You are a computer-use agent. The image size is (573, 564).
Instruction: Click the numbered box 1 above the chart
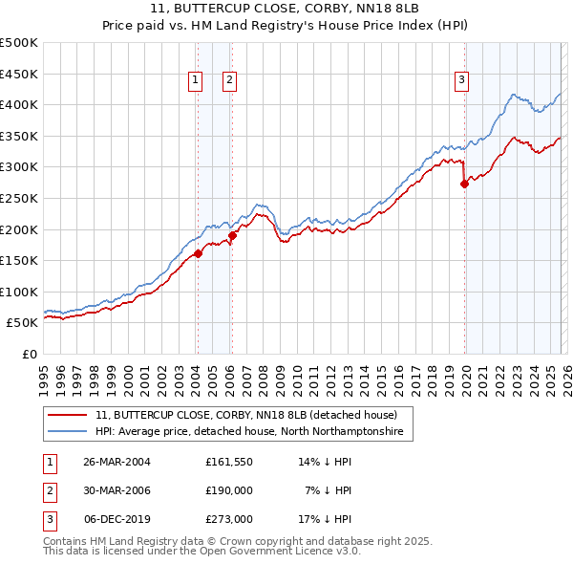tap(196, 81)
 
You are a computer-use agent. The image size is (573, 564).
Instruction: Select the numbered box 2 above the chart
tap(230, 81)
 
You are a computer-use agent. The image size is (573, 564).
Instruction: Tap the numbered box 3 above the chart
tap(461, 81)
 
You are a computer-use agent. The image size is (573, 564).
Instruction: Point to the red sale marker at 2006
tap(232, 234)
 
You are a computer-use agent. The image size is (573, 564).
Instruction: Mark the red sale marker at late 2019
tap(464, 184)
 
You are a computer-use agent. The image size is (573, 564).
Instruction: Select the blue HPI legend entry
tap(249, 432)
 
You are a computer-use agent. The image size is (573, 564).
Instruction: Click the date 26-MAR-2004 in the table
tap(117, 461)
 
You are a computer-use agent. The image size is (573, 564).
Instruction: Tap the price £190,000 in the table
tap(228, 490)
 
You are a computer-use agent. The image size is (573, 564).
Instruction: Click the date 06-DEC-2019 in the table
tap(117, 520)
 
